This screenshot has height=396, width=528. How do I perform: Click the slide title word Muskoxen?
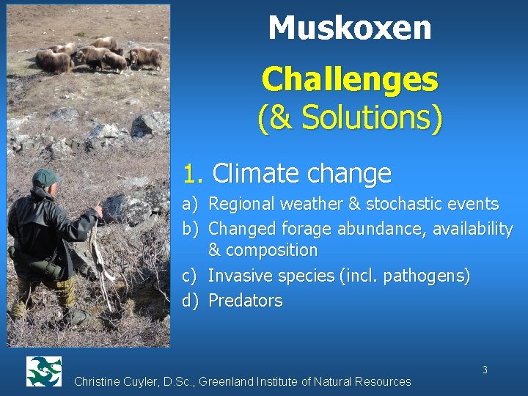pos(350,29)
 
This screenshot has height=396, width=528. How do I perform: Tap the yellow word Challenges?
pos(350,79)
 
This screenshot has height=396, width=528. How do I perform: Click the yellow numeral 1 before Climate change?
pos(192,174)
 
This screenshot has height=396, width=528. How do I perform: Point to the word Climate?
pos(253,174)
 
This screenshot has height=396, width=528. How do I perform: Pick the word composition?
pos(271,250)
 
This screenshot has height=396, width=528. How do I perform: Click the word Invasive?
pos(239,276)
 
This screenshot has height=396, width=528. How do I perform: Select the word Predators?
pos(246,301)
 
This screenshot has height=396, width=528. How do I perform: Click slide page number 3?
pos(485,370)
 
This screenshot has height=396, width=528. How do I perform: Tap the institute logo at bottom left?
pos(43,371)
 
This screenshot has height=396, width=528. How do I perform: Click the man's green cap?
pos(46,177)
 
